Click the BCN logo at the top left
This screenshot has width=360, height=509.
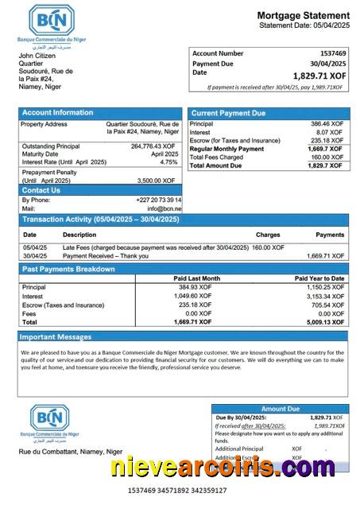point(52,20)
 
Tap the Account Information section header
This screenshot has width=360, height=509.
point(57,113)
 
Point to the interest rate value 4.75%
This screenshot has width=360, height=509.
point(168,162)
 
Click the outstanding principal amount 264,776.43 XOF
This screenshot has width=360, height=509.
point(153,146)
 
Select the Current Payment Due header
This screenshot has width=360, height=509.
point(228,113)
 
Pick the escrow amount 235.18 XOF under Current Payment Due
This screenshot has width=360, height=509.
point(326,141)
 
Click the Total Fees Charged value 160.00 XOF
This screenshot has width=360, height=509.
point(327,157)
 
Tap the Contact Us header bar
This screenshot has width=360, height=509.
point(41,190)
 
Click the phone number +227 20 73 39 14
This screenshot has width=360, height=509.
point(159,200)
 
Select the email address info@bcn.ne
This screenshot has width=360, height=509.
point(165,208)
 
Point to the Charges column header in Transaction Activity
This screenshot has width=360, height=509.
point(268,235)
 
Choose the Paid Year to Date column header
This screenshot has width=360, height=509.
point(319,278)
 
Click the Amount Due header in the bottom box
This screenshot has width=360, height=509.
point(279,409)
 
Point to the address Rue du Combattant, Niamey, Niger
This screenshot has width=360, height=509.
point(71,451)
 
